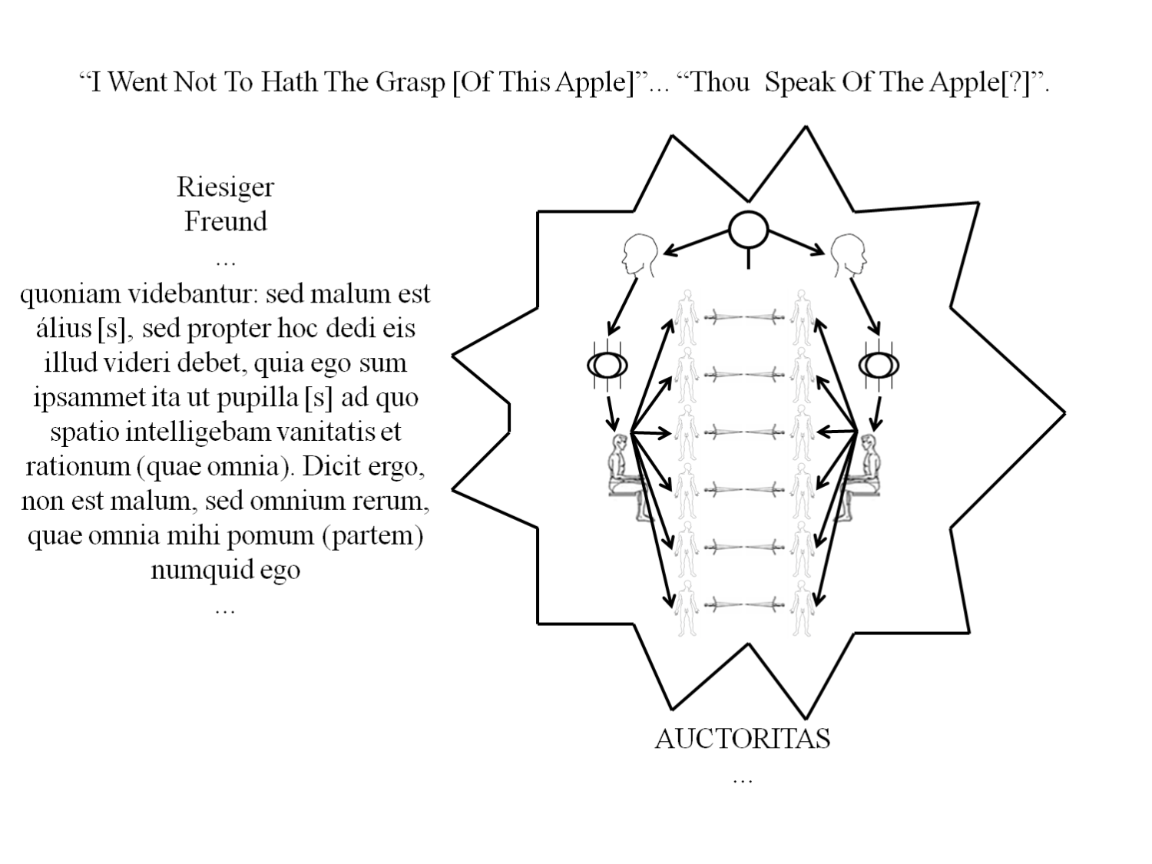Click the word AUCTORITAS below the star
742,739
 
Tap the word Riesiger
225,188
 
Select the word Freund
226,221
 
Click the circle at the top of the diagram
748,230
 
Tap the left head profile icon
639,255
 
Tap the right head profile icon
849,255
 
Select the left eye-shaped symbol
607,365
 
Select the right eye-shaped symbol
879,365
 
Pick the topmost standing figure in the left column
687,318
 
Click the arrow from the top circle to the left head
697,243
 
